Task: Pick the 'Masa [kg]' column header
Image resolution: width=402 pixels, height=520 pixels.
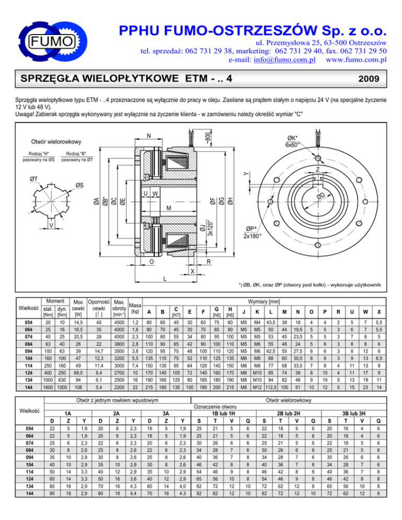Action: point(135,308)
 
